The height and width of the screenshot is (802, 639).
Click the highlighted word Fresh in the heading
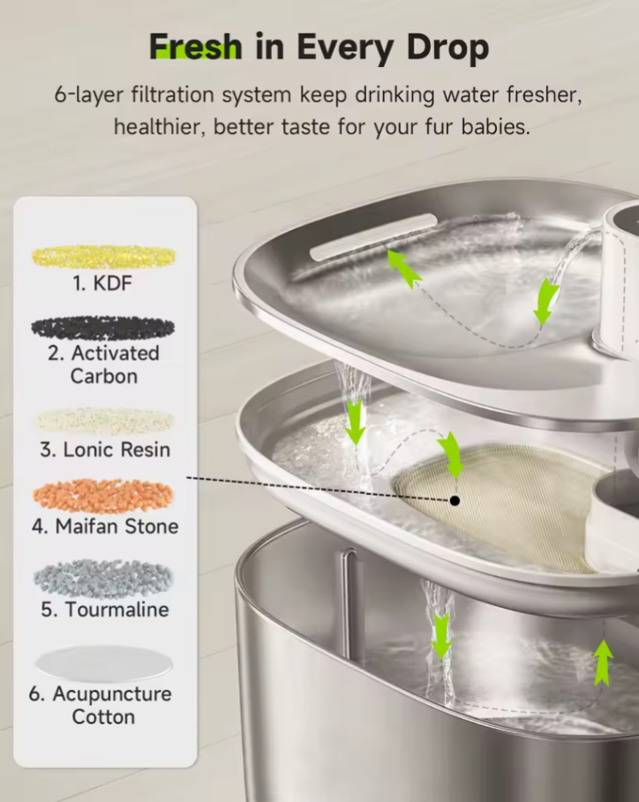pos(194,46)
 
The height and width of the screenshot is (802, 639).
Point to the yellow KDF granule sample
pos(104,257)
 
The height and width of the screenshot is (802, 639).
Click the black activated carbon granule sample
pos(103,327)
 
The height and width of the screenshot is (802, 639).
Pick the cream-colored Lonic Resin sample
pos(104,421)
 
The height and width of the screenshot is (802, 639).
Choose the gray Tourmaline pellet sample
pos(104,579)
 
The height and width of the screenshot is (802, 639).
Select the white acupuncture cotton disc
pos(104,663)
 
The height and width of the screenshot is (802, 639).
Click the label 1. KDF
pos(104,285)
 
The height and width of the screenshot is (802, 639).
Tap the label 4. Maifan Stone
pos(105,527)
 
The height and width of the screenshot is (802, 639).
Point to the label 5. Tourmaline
pos(105,610)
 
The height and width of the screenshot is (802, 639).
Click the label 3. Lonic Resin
pos(105,450)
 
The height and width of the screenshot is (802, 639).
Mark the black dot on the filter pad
pos(455,500)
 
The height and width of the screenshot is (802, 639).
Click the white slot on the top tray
pos(373,236)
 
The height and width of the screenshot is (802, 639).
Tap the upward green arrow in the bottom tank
pos(603,663)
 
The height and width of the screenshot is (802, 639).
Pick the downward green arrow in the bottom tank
pos(440,636)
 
